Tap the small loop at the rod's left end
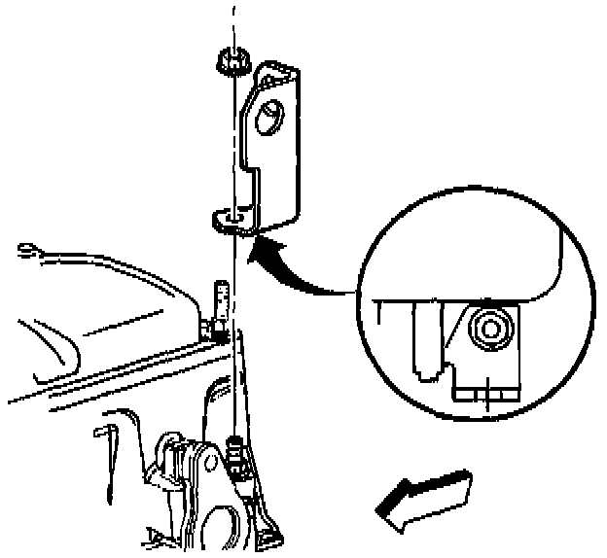(x=29, y=250)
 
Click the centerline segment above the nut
(x=232, y=24)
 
